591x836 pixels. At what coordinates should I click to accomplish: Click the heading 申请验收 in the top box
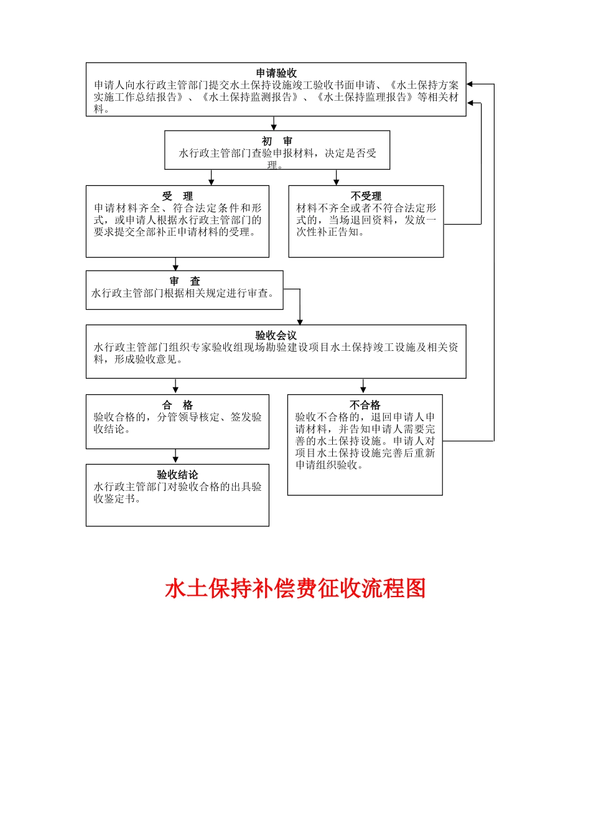[x=276, y=73]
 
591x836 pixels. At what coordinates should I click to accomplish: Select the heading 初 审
[x=277, y=141]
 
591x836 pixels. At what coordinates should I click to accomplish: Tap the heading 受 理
[x=177, y=196]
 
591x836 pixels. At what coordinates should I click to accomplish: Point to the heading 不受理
[x=366, y=196]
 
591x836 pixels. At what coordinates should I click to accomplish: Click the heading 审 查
[x=184, y=281]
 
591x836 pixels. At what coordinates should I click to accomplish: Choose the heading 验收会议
[x=276, y=335]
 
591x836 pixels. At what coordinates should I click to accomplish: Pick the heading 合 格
[x=177, y=405]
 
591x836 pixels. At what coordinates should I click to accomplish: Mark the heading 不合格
[x=365, y=405]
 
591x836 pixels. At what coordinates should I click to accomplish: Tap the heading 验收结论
[x=177, y=475]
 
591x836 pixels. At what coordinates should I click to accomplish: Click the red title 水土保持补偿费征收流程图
[x=295, y=588]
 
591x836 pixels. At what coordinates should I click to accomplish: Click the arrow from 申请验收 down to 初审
[x=274, y=123]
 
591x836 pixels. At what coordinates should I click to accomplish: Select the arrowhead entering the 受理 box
[x=212, y=182]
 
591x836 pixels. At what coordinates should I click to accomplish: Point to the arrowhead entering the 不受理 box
[x=337, y=182]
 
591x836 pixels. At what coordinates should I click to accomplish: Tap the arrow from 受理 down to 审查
[x=175, y=264]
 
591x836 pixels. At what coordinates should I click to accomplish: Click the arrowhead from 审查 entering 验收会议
[x=300, y=321]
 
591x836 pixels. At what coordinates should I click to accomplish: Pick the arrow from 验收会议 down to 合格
[x=175, y=386]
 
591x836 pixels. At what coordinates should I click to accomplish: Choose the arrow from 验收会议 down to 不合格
[x=363, y=386]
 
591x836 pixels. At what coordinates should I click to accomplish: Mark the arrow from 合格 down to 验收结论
[x=175, y=456]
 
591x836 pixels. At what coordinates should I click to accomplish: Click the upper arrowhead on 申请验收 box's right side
[x=470, y=84]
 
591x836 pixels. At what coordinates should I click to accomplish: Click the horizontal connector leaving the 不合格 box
[x=468, y=441]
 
